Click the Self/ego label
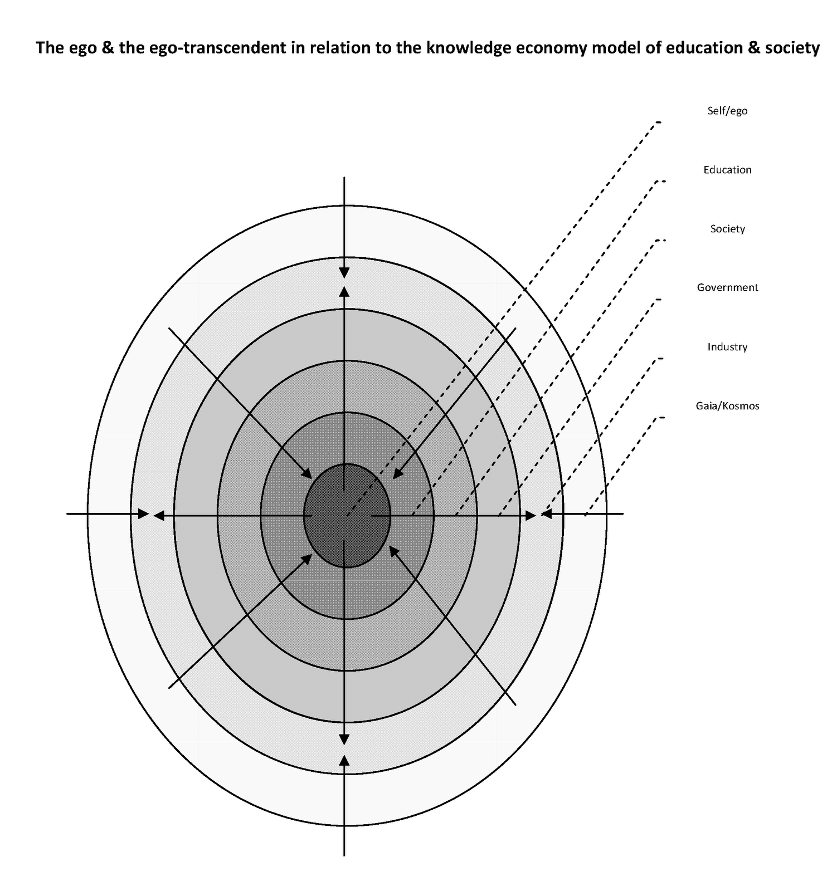pyautogui.click(x=727, y=111)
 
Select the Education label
pyautogui.click(x=727, y=170)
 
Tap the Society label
pyautogui.click(x=727, y=229)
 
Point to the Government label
pyautogui.click(x=727, y=288)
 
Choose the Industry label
pyautogui.click(x=727, y=347)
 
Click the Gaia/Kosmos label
pyautogui.click(x=727, y=406)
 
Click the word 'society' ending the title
pyautogui.click(x=792, y=48)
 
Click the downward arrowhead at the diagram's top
pyautogui.click(x=344, y=272)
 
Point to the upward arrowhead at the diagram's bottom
pyautogui.click(x=344, y=761)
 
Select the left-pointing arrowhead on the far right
pyautogui.click(x=546, y=513)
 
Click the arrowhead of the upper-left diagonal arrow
pyautogui.click(x=307, y=473)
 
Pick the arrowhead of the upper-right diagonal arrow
pyautogui.click(x=398, y=473)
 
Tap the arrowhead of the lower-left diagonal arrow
pyautogui.click(x=307, y=558)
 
